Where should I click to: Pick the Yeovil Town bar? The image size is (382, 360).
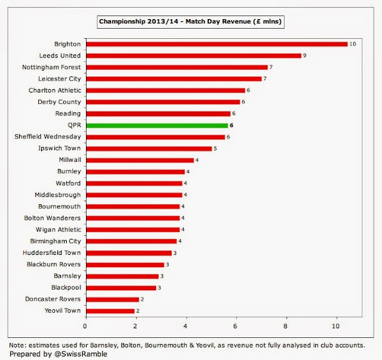click(110, 310)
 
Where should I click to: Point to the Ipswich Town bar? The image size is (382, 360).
click(149, 149)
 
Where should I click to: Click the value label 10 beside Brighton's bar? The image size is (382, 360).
click(353, 44)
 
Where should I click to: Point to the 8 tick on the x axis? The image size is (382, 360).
click(286, 326)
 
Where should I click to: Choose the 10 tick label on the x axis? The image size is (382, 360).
click(337, 326)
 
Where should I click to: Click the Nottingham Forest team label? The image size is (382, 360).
click(51, 67)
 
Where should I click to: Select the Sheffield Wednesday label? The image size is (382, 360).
click(48, 137)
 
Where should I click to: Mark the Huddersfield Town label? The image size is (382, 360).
click(53, 253)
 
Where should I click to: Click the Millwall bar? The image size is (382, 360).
click(140, 160)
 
